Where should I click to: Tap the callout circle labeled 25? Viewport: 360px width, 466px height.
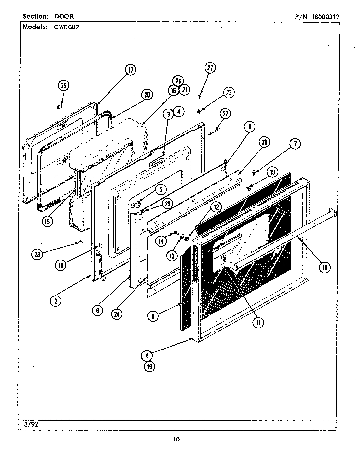(x=63, y=86)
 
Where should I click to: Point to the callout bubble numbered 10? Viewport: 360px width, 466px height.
(x=324, y=268)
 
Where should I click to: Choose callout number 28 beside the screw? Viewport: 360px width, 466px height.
(x=38, y=254)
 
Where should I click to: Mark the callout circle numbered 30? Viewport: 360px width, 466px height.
(x=264, y=142)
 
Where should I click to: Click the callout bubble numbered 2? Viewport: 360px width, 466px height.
(x=56, y=301)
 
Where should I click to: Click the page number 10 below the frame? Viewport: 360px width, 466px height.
(x=177, y=439)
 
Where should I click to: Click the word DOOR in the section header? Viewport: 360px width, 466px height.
(x=64, y=16)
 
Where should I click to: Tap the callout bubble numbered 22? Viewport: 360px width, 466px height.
(x=225, y=114)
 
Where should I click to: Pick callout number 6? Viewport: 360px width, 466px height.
(x=98, y=310)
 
